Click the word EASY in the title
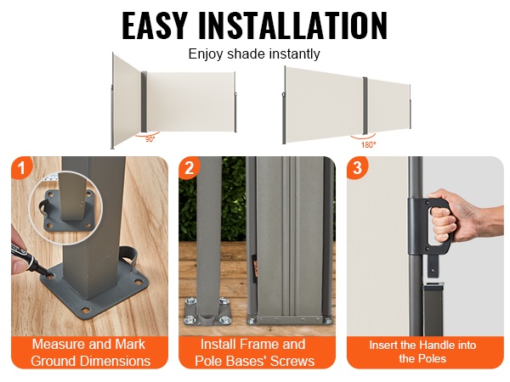pos(155,25)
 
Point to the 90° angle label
pos(150,139)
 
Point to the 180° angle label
pos(368,145)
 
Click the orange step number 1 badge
pos(22,168)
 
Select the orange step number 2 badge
pos(190,168)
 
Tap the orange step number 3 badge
pos(358,168)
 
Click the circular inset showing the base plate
pos(66,207)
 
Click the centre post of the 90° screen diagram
pos(144,102)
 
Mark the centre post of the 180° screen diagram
pos(365,106)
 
